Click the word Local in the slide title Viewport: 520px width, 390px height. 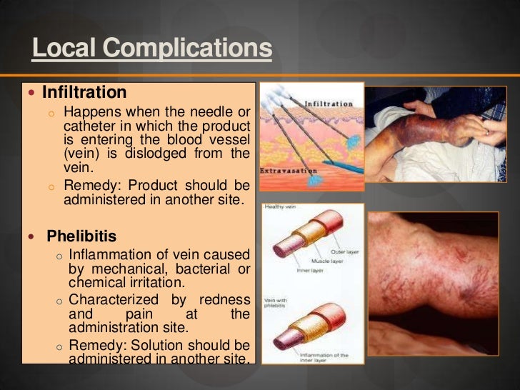point(65,49)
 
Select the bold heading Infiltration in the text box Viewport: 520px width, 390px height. point(84,93)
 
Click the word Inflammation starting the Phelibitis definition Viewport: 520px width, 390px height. point(111,254)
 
